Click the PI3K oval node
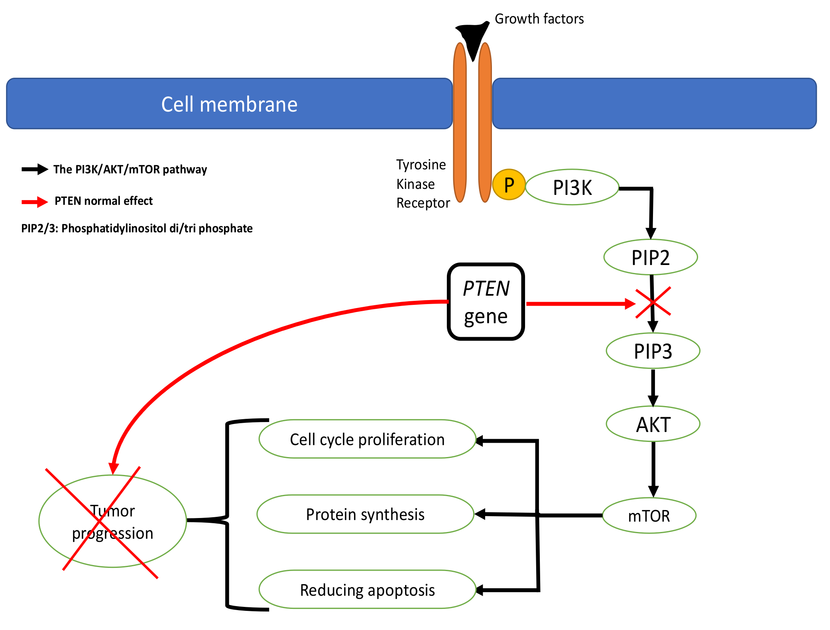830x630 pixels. pos(572,187)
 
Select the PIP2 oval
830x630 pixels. pos(650,257)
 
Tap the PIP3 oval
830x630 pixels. pos(653,351)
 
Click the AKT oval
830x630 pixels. pos(653,424)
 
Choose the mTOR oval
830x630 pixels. pos(649,516)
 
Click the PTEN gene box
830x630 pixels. pos(486,302)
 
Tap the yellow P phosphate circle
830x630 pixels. pos(509,185)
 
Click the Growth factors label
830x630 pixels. pos(539,19)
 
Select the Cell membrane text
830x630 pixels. pos(229,104)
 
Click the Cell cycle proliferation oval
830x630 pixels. pos(367,439)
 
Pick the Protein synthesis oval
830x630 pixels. pos(365,514)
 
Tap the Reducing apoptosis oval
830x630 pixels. pos(367,590)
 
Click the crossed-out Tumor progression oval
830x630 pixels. pos(112,521)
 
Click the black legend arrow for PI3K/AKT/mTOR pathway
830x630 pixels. pos(35,169)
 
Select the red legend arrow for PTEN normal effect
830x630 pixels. pos(35,202)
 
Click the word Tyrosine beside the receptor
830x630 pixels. pos(421,165)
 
